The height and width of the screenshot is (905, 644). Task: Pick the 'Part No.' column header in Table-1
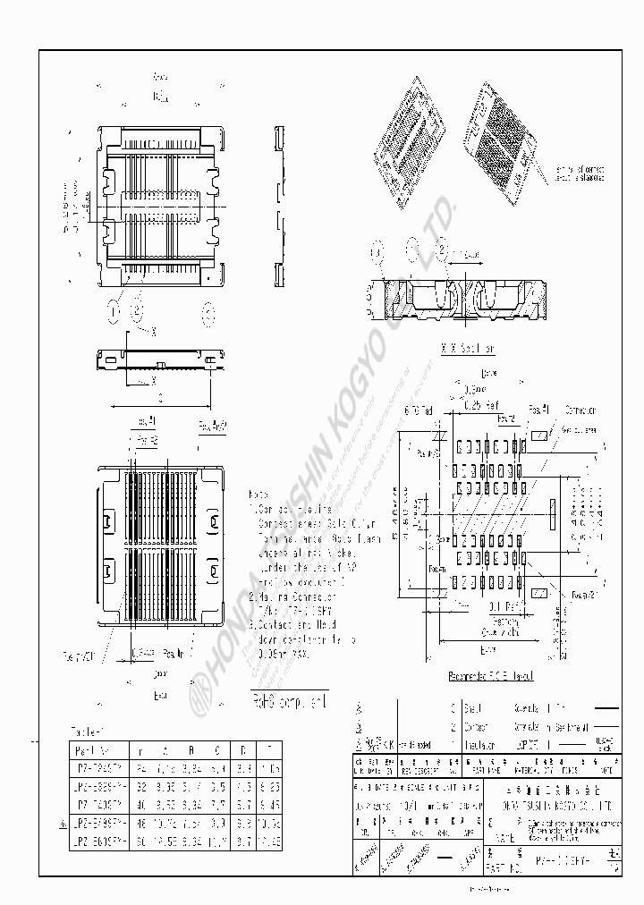(92, 750)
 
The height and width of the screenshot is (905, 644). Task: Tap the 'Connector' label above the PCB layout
(580, 410)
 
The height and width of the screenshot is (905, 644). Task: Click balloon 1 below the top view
(113, 310)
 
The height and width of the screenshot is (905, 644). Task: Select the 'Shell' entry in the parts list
(473, 707)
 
